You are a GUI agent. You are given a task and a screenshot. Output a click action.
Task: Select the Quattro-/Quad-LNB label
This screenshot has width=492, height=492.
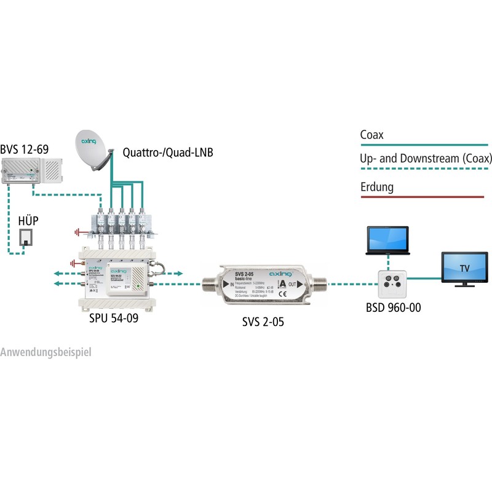(167, 152)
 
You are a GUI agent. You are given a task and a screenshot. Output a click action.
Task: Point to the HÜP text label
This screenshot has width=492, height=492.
(28, 220)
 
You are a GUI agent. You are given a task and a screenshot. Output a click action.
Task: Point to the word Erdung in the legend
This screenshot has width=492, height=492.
(376, 186)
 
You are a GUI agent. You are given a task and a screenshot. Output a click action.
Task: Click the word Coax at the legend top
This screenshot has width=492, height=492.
(372, 135)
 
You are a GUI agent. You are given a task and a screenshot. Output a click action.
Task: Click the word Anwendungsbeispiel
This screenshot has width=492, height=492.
(46, 353)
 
